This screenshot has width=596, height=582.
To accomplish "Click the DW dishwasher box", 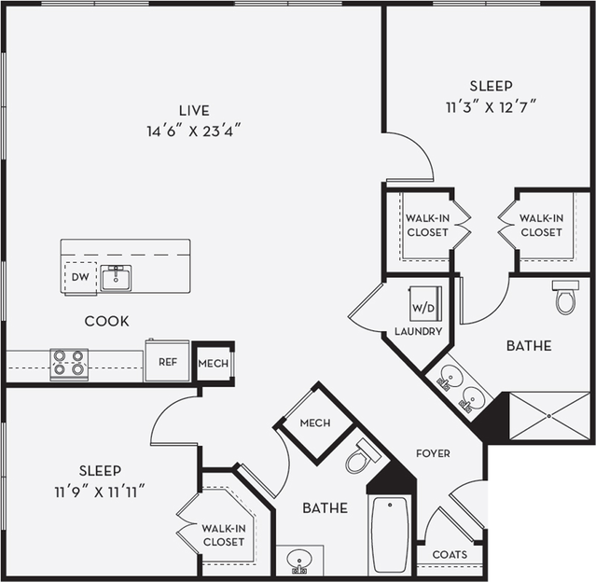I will pos(79,277).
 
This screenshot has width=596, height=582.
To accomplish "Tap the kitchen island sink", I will pos(116,278).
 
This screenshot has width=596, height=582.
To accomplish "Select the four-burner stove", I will pos(69,363).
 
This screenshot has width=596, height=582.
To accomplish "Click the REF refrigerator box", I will pos(167,361).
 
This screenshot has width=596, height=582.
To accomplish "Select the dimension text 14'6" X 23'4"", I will pos(194,131).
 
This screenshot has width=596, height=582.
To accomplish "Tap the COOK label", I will pos(106,321).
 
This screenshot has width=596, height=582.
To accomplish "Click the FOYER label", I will pos(433,453).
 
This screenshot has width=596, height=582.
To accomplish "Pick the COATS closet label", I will pos(449,554).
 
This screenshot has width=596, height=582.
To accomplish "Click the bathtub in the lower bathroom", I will pos(390,534).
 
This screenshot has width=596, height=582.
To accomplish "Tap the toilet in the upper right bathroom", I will pos(564,297).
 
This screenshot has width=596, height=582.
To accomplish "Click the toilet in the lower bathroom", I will pos(361,456).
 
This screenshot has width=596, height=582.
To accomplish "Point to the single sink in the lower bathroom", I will pos(299,561).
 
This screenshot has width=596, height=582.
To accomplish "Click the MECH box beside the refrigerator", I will pos(214,362).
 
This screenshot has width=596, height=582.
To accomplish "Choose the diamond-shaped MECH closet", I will pos(314,423).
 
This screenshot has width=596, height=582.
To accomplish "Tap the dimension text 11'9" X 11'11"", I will pos(101,490).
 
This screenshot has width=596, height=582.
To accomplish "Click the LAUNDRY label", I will pos(417,331).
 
